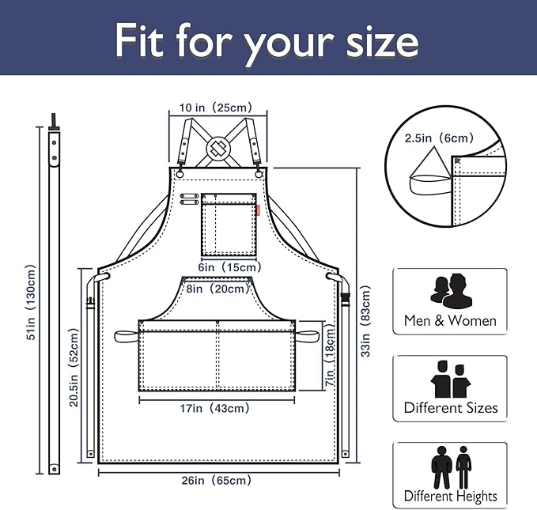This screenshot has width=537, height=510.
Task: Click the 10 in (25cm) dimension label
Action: coord(216,108)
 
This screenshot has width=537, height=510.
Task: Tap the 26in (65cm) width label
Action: coord(217,481)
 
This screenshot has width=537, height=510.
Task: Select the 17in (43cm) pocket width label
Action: coord(215,408)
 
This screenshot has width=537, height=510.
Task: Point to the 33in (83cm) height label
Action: coord(365,321)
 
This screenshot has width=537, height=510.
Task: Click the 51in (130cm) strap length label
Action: coord(31,302)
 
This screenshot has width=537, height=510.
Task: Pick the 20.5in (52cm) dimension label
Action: coord(74,367)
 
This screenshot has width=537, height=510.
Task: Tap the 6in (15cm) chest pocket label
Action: coord(229,267)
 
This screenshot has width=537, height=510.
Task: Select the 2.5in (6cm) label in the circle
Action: coord(440,138)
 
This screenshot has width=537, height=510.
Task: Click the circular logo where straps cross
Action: coord(218,148)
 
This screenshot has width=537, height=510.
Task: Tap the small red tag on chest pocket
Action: coord(258,210)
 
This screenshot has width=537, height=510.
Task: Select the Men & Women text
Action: coord(450,321)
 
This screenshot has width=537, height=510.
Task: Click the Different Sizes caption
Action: coord(451,408)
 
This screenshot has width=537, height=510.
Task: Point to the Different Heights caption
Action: coord(450,496)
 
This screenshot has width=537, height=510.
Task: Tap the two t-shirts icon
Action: coord(451,379)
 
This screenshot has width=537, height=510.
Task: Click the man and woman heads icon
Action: coord(451,291)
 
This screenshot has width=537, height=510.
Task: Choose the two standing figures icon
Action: coord(451,467)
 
